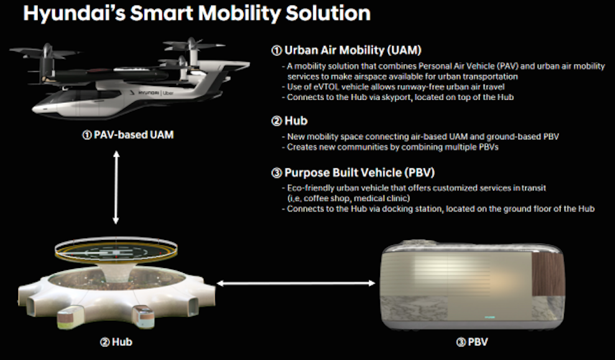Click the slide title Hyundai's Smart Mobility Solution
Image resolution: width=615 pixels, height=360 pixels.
pos(197,13)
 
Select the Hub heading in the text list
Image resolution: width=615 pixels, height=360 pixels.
pos(296,121)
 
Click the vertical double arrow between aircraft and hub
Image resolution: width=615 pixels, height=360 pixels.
pos(116,187)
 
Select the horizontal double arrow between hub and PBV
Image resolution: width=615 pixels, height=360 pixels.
pos(296,283)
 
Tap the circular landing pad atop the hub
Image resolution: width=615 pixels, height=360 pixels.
pos(116,249)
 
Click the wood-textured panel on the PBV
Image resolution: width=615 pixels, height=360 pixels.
pos(548,274)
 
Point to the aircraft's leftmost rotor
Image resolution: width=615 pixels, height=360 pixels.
pos(46,52)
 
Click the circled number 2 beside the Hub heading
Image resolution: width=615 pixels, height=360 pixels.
pos(277,121)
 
